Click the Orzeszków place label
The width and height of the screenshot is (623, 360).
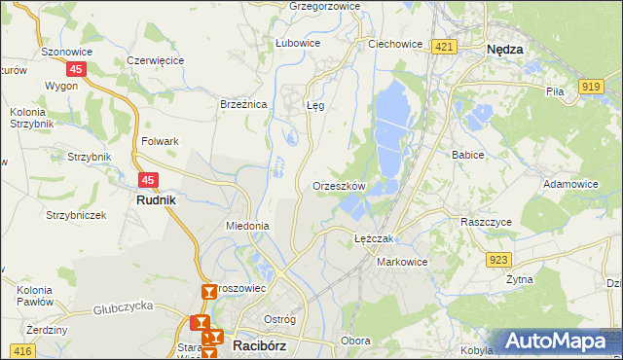click(x=339, y=185)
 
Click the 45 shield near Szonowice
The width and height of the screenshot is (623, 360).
click(x=78, y=69)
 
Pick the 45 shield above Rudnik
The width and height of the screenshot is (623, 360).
click(x=148, y=180)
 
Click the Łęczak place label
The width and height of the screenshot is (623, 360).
click(x=373, y=238)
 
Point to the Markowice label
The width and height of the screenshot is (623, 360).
click(x=402, y=262)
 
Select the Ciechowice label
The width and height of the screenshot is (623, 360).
click(x=394, y=44)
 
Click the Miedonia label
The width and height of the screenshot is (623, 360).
click(x=246, y=225)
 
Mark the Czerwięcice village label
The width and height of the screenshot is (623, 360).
click(x=156, y=59)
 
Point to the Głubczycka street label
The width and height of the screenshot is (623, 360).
click(x=125, y=310)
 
